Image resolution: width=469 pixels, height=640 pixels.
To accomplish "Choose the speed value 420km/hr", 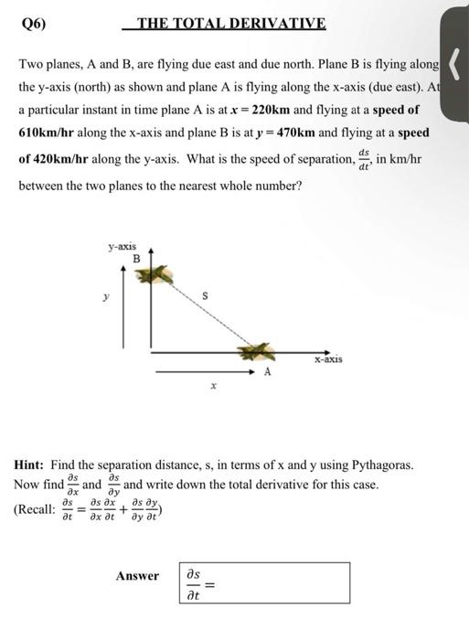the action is [63, 157].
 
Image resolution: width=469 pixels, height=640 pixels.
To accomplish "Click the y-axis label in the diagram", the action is [123, 245].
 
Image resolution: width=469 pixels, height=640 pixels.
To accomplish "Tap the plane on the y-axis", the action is [157, 273].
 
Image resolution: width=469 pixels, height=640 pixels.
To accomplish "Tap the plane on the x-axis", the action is [258, 352].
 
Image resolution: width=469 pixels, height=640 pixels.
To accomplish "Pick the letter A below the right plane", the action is [267, 372].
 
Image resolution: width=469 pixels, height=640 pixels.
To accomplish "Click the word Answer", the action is [137, 576].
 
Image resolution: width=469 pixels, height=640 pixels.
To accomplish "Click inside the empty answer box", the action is [283, 582].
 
